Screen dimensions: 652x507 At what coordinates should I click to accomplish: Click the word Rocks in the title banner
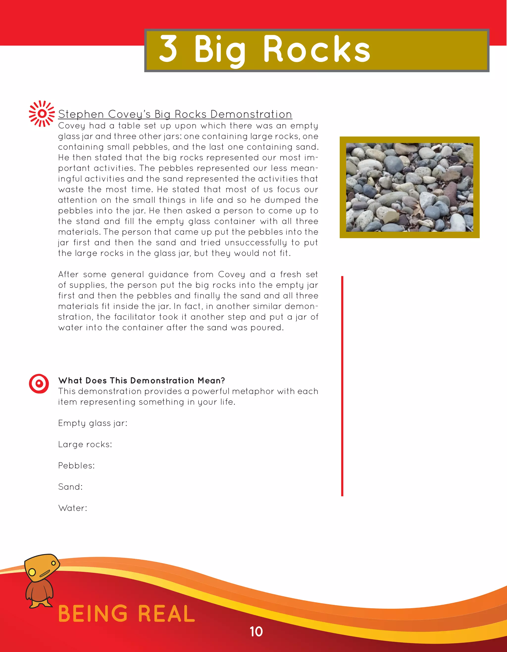[x=317, y=50]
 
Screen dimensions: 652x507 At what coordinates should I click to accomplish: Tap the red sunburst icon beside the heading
[x=42, y=114]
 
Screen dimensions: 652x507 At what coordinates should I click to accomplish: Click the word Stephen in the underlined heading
[x=81, y=114]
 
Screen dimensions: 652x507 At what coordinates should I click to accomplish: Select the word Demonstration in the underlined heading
[x=251, y=114]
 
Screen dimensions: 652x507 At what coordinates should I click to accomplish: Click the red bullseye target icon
[x=39, y=383]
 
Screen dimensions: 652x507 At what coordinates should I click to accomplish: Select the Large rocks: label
[x=85, y=444]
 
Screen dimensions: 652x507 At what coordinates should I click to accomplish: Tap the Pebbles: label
[x=76, y=466]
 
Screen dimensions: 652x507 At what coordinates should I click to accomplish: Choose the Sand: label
[x=70, y=487]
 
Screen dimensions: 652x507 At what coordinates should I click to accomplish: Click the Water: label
[x=73, y=508]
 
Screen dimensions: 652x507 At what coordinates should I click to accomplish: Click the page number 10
[x=256, y=632]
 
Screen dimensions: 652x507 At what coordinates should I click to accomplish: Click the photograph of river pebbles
[x=409, y=187]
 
